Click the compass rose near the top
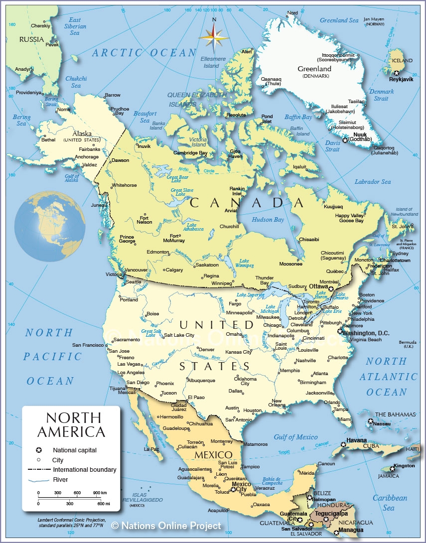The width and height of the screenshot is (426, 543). coord(214,37)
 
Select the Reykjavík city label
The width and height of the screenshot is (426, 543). coord(401,80)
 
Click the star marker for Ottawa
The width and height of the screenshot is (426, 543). coord(330,287)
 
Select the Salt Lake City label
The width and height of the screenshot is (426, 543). coord(179,335)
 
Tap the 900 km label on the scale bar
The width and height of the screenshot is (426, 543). coord(100,493)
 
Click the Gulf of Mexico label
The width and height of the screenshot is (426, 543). coord(295,437)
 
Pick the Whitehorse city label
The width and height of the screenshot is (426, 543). coord(124,185)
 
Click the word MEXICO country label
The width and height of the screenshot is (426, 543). coord(213,455)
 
